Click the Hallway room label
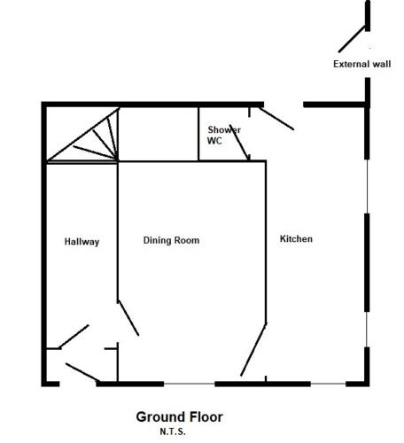[x=82, y=242]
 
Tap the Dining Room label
[x=171, y=240]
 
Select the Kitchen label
[x=296, y=238]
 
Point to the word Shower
[x=224, y=129]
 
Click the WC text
[x=214, y=141]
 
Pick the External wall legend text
[x=362, y=64]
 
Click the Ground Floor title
[x=180, y=417]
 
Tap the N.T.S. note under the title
[x=173, y=431]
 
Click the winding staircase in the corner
[x=82, y=135]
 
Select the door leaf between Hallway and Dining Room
[x=128, y=318]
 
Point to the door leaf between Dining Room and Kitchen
[x=253, y=350]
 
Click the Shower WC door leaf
[x=239, y=142]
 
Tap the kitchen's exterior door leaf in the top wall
[x=276, y=119]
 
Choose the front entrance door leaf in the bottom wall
[x=82, y=372]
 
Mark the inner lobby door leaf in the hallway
[x=74, y=337]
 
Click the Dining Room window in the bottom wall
[x=190, y=384]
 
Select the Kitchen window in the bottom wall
[x=328, y=384]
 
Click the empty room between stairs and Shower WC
[x=159, y=135]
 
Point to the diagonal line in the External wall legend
[x=352, y=39]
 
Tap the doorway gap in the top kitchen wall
[x=284, y=105]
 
